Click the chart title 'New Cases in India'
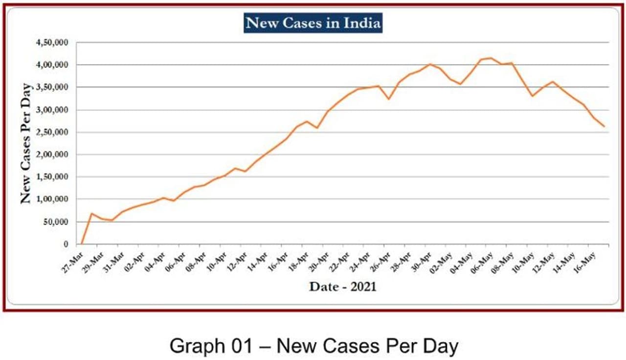(313, 23)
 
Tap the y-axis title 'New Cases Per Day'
(26, 143)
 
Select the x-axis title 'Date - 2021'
(343, 287)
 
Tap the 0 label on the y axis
(66, 244)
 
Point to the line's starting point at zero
(82, 244)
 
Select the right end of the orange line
(604, 127)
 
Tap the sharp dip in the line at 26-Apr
(389, 99)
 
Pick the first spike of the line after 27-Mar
(91, 213)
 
